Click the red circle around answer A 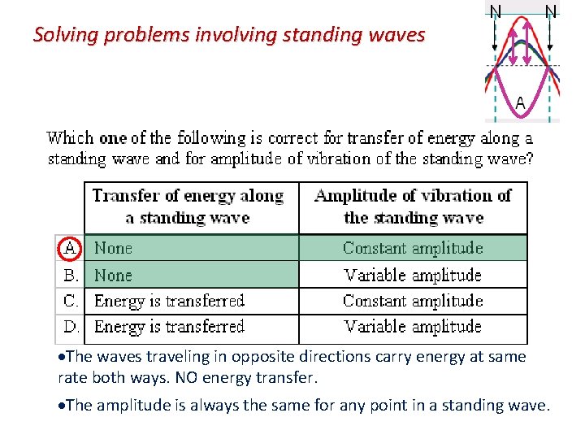click(x=71, y=247)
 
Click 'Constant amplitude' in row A click(x=413, y=248)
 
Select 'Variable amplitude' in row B click(x=413, y=275)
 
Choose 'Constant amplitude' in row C click(x=413, y=301)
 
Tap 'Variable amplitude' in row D click(x=413, y=327)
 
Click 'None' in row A click(x=113, y=248)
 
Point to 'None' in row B click(x=113, y=275)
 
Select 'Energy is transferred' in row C click(x=169, y=301)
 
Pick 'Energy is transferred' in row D click(x=169, y=327)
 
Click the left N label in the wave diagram click(x=496, y=11)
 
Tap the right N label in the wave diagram click(x=551, y=11)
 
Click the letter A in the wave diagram click(x=521, y=102)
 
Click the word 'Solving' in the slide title click(x=61, y=35)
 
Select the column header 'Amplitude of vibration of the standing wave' click(x=413, y=206)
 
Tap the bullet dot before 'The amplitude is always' click(x=61, y=406)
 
